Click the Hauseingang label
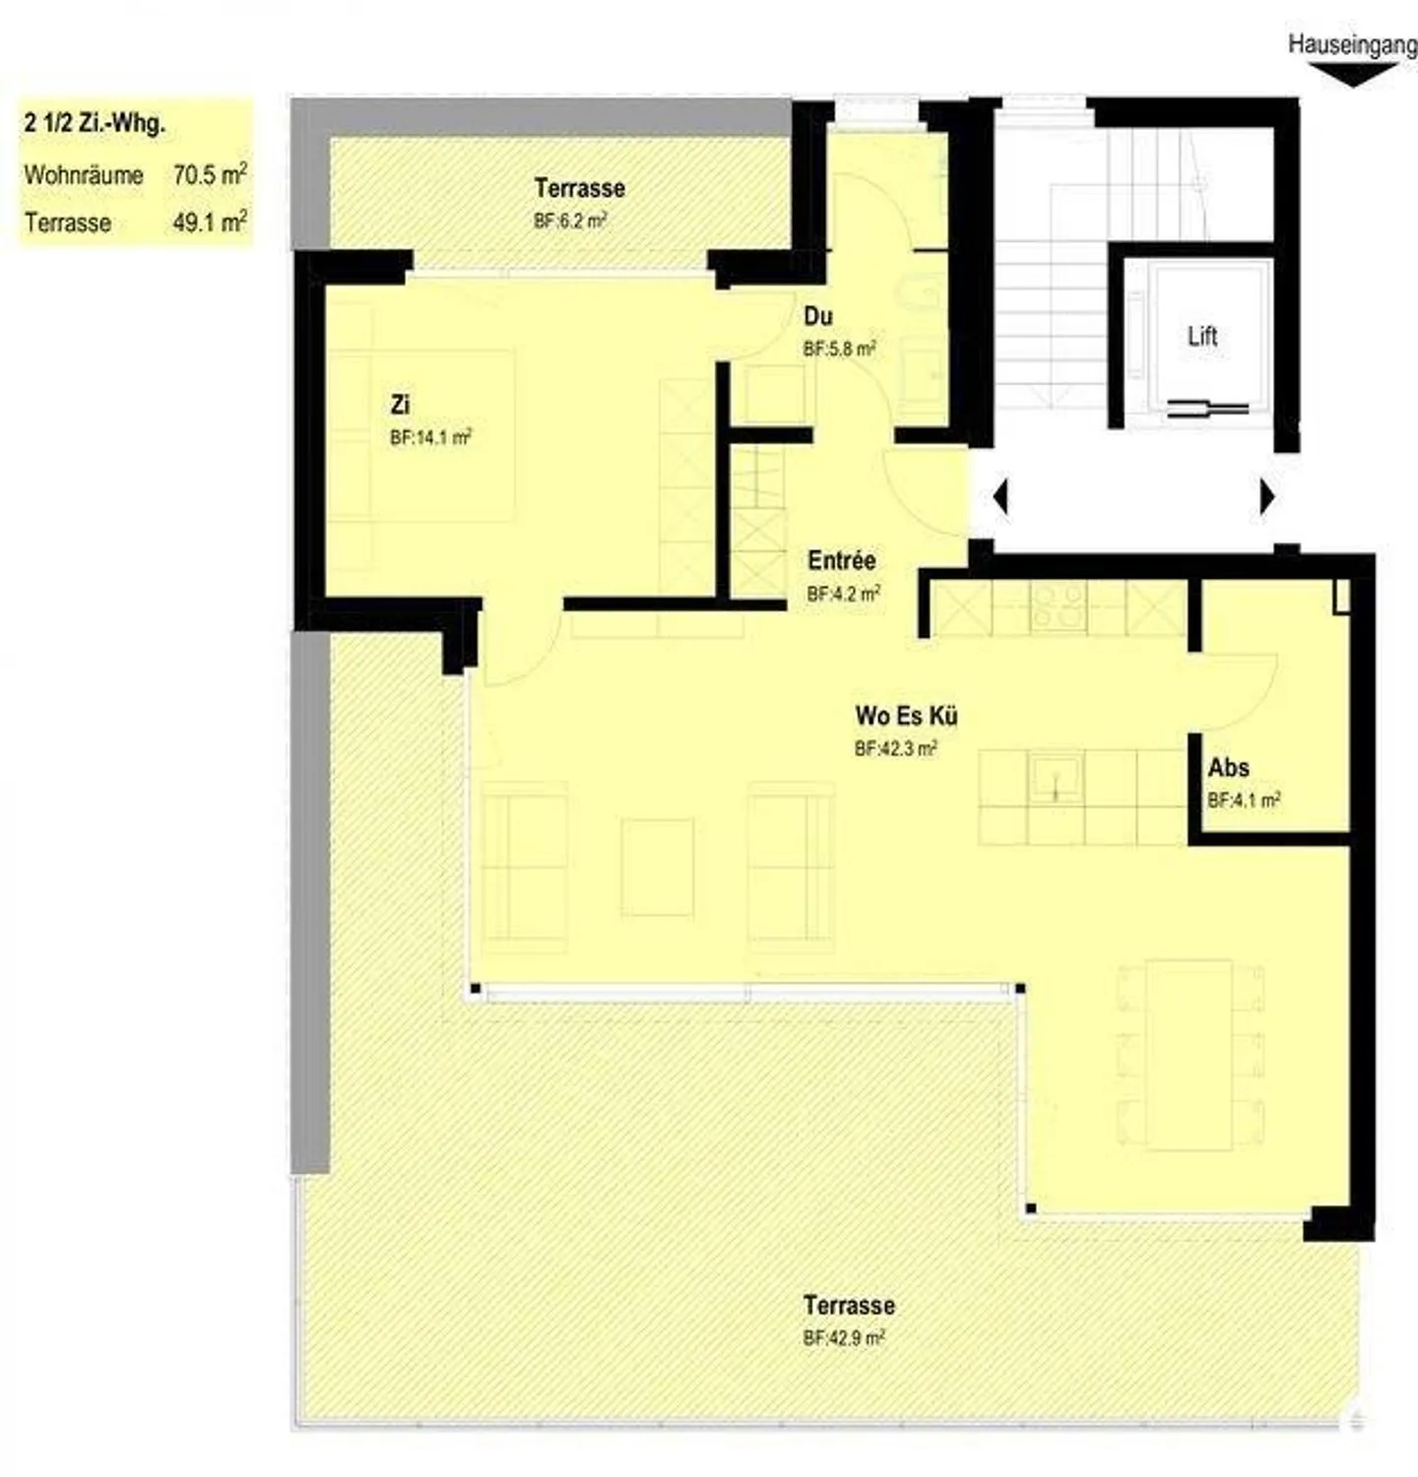[1352, 45]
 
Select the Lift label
[1202, 337]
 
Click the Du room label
[817, 316]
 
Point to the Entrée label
[841, 560]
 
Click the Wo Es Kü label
[905, 715]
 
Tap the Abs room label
[1228, 767]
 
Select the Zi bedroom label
[400, 404]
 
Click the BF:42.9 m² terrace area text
[844, 1338]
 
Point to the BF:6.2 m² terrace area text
[570, 221]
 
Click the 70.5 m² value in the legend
[209, 175]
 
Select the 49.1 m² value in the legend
[209, 223]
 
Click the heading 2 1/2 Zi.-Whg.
[95, 124]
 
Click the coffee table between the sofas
[657, 867]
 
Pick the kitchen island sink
[1055, 777]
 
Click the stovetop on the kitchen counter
[1059, 607]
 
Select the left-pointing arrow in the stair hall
[1000, 496]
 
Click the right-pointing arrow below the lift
[1267, 497]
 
